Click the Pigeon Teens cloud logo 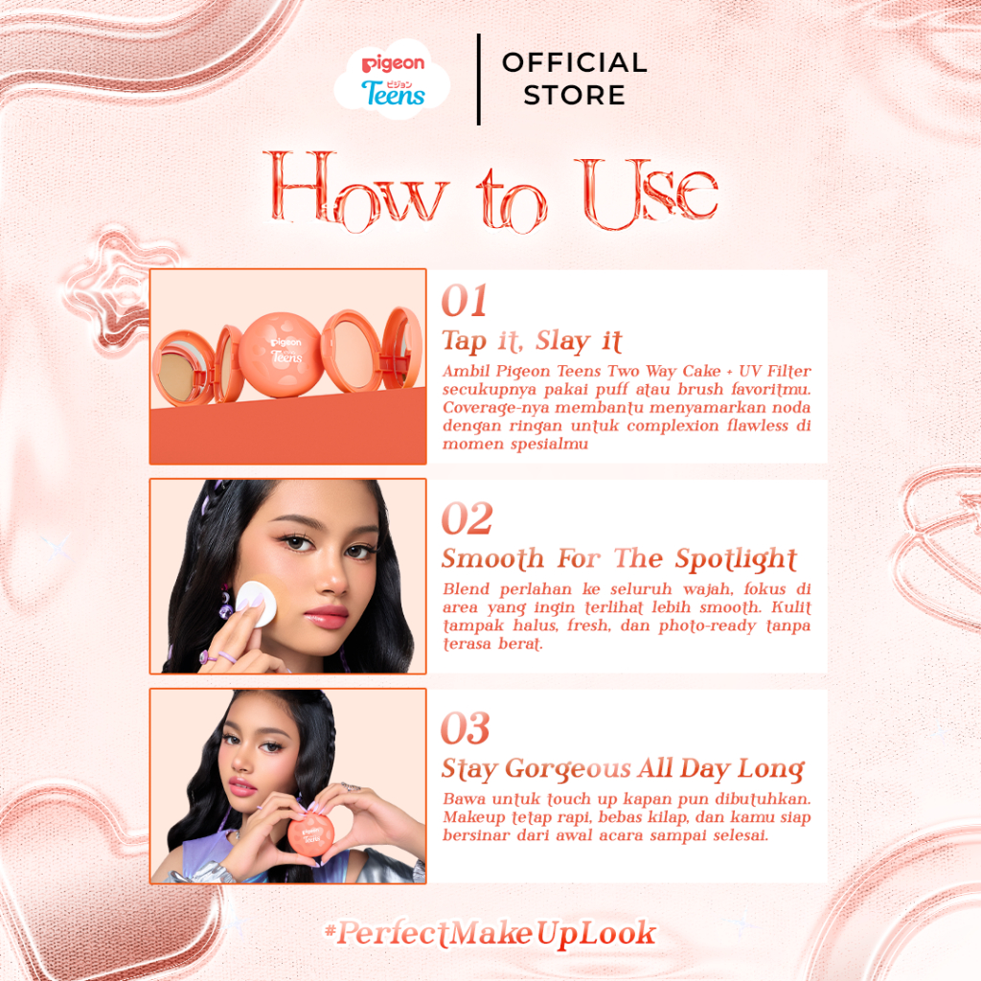tap(392, 80)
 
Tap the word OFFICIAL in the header tap(575, 62)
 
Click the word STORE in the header tap(575, 95)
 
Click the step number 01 tap(465, 300)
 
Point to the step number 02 tap(467, 518)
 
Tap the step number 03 tap(466, 728)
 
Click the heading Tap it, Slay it tap(532, 342)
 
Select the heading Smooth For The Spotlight tap(620, 559)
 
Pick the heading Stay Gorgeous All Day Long tap(623, 769)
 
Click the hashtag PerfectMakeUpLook tap(490, 933)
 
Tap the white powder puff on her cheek tap(256, 603)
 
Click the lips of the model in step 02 tap(326, 616)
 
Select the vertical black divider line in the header tap(479, 80)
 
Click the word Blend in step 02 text tap(467, 589)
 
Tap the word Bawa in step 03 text tap(465, 799)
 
